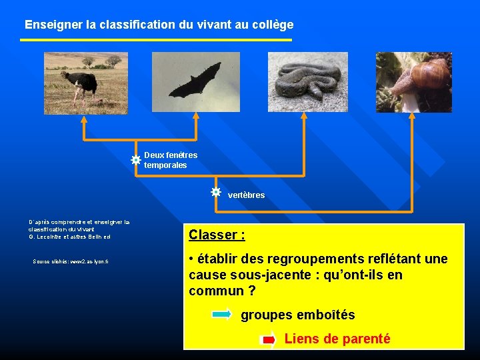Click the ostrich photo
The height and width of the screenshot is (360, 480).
85,83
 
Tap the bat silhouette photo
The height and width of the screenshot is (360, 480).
195,83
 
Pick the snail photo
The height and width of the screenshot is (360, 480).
413,82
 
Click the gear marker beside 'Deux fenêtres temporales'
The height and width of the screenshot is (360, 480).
135,160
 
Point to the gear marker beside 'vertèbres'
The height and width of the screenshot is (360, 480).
215,192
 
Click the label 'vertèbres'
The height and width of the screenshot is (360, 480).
246,195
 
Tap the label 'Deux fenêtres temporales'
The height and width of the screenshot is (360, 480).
170,160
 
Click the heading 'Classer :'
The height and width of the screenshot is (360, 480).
217,235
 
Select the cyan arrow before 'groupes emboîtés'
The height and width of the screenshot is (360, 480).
222,314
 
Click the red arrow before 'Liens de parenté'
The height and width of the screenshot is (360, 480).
269,340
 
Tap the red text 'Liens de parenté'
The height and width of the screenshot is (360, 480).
337,339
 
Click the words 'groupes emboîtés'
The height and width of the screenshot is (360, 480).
297,315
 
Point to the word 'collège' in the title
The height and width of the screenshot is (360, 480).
273,25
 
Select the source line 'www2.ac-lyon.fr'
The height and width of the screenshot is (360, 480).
70,261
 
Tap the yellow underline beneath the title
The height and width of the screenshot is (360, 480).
156,40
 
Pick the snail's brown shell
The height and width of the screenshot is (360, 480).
430,73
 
